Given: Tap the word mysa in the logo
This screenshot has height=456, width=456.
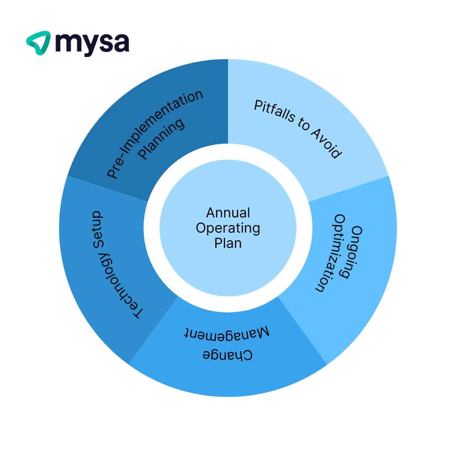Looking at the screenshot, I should [92, 43].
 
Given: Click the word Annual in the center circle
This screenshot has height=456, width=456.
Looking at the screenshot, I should [228, 212].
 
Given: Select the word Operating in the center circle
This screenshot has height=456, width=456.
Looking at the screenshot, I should [228, 228].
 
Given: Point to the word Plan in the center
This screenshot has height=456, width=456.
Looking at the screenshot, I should [228, 243].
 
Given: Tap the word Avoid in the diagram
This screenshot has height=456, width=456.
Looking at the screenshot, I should [326, 144].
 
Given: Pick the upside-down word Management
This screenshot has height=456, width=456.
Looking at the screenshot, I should [228, 333].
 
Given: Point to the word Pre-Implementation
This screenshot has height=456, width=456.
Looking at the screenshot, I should [155, 134].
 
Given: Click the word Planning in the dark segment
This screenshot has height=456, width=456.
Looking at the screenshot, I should [162, 138].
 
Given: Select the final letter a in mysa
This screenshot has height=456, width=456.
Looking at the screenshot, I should [121, 43].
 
